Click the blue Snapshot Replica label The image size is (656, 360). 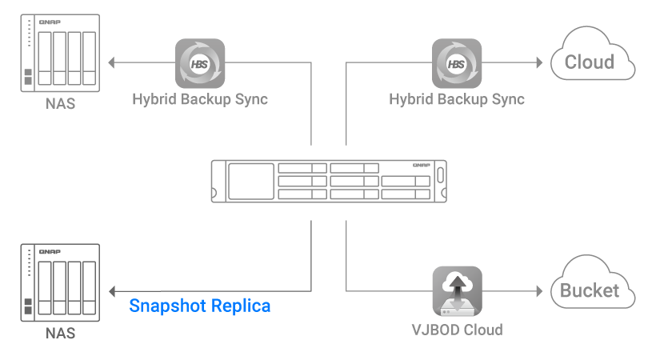[200, 306]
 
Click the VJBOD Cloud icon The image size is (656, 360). [457, 290]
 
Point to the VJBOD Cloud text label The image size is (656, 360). [457, 329]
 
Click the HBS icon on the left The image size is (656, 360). [200, 62]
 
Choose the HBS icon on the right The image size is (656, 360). [457, 62]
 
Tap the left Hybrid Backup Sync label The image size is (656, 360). [200, 100]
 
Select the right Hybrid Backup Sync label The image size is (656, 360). [457, 100]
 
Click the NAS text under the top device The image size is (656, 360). [60, 103]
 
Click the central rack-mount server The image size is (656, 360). [329, 182]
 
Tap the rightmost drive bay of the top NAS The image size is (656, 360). [89, 58]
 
